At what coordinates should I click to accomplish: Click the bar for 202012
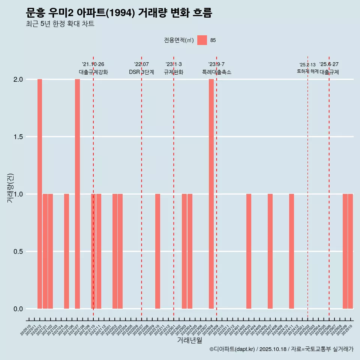point(40,194)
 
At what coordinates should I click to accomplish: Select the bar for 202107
point(77,194)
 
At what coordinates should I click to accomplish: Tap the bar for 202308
point(211,194)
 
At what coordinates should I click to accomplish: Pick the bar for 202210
point(157,251)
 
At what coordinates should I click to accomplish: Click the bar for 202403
point(249,251)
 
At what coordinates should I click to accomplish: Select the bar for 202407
point(270,251)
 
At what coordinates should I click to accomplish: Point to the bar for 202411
point(291,251)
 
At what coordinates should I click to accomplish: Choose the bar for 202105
point(66,251)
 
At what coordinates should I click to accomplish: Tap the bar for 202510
point(350,251)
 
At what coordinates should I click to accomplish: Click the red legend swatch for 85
point(202,40)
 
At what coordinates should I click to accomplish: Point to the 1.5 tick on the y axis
point(19,137)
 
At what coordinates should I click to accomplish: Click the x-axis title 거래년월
point(189,340)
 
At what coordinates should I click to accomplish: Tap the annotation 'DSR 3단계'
point(141,72)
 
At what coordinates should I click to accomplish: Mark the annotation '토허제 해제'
point(307,71)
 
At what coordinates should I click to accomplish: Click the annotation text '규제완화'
point(174,72)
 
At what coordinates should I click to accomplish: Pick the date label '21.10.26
point(93,64)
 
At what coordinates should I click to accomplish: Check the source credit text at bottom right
point(281,349)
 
